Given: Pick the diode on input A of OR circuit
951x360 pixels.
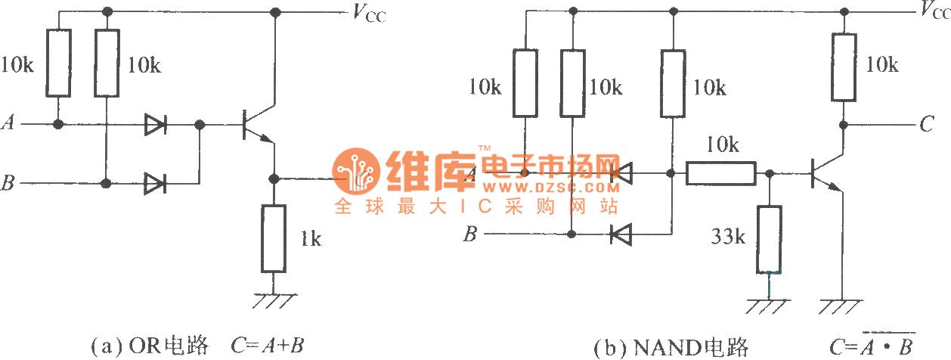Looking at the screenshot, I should [155, 125].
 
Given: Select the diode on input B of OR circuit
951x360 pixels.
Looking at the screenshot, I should [155, 182].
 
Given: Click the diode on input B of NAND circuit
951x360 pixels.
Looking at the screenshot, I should [621, 234].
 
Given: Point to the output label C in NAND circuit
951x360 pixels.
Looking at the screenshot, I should [927, 125].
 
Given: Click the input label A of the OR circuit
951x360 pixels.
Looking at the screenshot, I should [8, 123].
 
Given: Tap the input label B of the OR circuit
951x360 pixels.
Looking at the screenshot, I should [8, 183].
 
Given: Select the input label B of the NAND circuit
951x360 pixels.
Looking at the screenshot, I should [469, 235].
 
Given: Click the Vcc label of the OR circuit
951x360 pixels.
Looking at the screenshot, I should [367, 14].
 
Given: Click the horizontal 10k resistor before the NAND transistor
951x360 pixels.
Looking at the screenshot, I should [720, 174].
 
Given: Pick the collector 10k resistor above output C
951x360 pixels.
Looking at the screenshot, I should [844, 67].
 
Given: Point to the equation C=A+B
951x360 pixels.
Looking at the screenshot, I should [268, 347].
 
